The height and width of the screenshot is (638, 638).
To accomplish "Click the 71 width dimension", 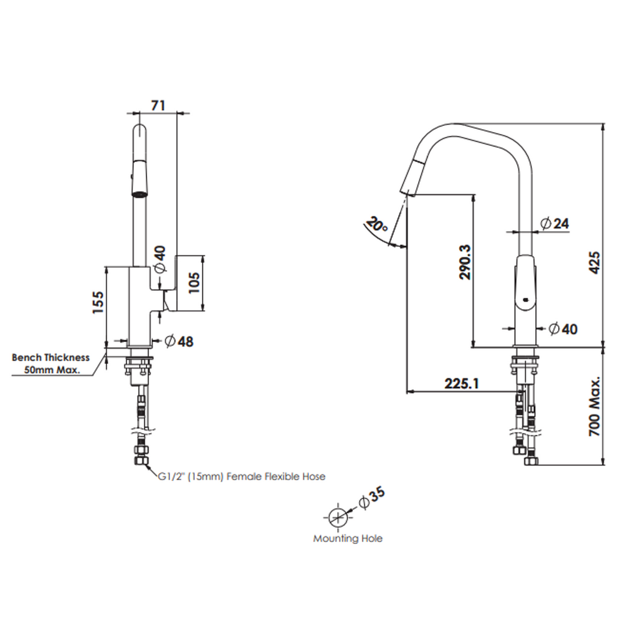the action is coord(158,105).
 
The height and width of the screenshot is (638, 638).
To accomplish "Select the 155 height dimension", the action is coord(98,302).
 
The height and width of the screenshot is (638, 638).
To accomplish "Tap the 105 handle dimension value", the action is coord(194,282).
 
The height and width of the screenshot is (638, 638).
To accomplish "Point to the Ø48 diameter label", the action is coord(179,341).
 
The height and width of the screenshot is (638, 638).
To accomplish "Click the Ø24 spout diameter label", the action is coord(555,224).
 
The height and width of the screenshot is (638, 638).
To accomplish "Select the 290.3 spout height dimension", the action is coord(465,262).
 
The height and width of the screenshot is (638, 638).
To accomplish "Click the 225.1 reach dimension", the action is coord(462,383).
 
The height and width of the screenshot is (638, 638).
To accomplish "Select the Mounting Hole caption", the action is coord(348,538).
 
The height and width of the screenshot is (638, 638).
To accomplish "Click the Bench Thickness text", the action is coord(50,358).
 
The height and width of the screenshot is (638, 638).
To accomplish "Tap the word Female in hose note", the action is coord(244,477).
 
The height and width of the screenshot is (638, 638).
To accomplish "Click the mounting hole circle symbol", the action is coord(338,518).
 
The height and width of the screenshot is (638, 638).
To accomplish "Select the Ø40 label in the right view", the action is coord(563,329).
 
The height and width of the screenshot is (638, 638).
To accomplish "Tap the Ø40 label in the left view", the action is coord(160,259).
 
